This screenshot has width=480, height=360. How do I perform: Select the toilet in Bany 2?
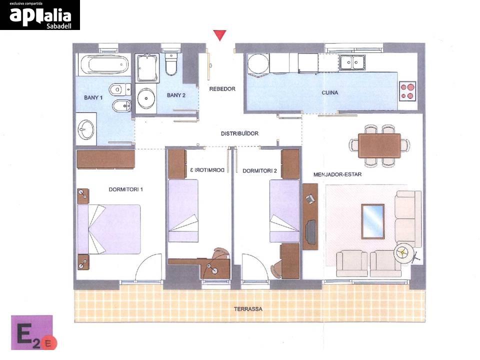coord(171,63)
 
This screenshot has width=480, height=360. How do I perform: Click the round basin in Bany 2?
coord(146,98)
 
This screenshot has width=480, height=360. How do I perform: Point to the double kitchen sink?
coord(351,62)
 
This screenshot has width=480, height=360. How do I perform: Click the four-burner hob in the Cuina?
coord(407,91)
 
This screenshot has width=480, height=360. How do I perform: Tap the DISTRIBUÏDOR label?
coord(239,133)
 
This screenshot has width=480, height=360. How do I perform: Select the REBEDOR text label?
coord(222,89)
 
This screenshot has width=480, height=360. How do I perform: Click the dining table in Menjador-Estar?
coord(379,145)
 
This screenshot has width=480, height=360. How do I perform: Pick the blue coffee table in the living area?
coord(373,221)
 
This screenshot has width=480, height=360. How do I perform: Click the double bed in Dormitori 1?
coord(109,229)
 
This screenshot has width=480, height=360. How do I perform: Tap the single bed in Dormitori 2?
coord(284,211)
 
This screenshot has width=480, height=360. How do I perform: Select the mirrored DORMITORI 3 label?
coord(207,170)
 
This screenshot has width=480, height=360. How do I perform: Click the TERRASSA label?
coord(248,309)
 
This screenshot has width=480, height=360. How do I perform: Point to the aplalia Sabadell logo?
coord(40,15)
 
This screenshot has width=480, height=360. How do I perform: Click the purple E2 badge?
coord(32,332)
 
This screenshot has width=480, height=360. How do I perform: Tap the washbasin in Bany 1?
coord(86,129)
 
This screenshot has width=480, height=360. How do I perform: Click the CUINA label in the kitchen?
coord(329,92)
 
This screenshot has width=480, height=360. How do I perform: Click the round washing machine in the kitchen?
coord(258,64)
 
